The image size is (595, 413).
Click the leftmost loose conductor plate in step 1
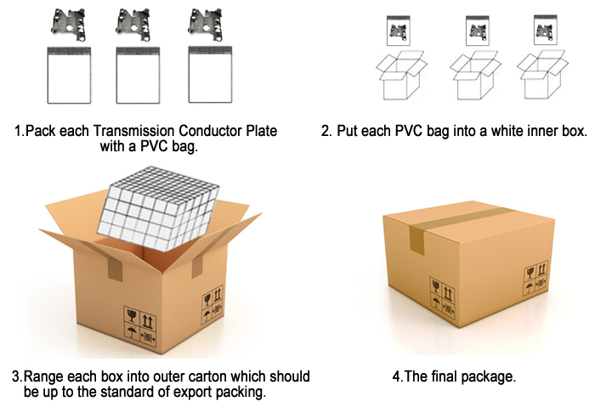coord(68,25)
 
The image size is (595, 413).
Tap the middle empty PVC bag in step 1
coord(138,75)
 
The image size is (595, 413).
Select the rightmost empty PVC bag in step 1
coord(210,75)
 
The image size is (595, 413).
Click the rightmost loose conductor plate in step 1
coord(206,25)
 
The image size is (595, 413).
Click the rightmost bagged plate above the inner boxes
coord(546,30)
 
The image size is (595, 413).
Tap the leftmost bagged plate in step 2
coord(399,31)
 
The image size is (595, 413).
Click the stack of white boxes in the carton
coord(158,208)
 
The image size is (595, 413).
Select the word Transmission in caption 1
coord(133,131)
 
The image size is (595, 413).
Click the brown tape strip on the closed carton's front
coord(416,240)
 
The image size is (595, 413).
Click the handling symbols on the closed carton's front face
coord(442,297)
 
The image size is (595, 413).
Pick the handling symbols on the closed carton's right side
coord(536,278)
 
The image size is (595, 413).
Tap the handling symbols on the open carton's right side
coord(212,305)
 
